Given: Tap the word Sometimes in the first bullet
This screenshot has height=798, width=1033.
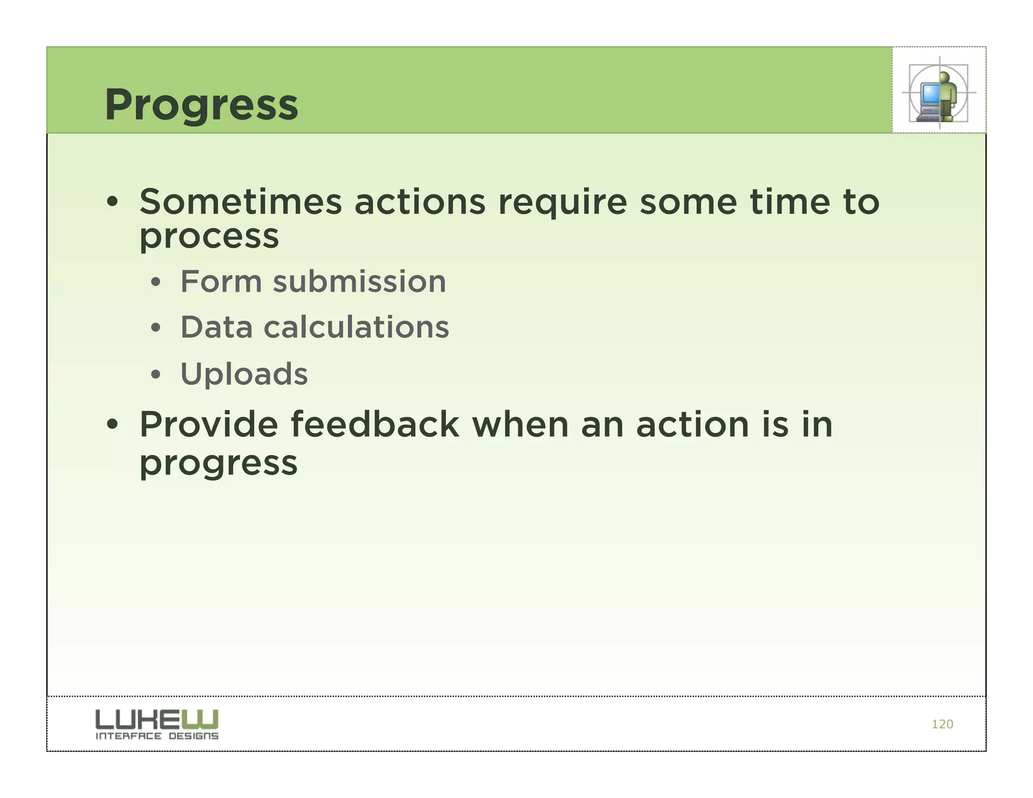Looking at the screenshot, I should [x=241, y=202].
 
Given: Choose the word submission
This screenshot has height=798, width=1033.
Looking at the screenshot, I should [x=359, y=281].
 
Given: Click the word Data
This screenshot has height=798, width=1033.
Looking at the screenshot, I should [x=216, y=327].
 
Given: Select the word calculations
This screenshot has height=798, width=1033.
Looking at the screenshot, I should [x=356, y=327].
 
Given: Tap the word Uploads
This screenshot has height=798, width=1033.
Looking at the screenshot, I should [x=244, y=374].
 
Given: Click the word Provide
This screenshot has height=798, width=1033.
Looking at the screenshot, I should [x=208, y=425].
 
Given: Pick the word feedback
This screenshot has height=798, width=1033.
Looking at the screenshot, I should [x=375, y=425].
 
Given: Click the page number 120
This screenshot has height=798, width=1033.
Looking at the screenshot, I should [x=942, y=724].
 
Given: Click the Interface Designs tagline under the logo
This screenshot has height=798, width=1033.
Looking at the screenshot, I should [x=157, y=736].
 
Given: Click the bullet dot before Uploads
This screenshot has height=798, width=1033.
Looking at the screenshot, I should [x=156, y=375].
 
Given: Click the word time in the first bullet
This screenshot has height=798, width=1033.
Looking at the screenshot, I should [x=789, y=202].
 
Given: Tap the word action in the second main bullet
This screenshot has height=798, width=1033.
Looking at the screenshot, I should [x=692, y=425].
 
